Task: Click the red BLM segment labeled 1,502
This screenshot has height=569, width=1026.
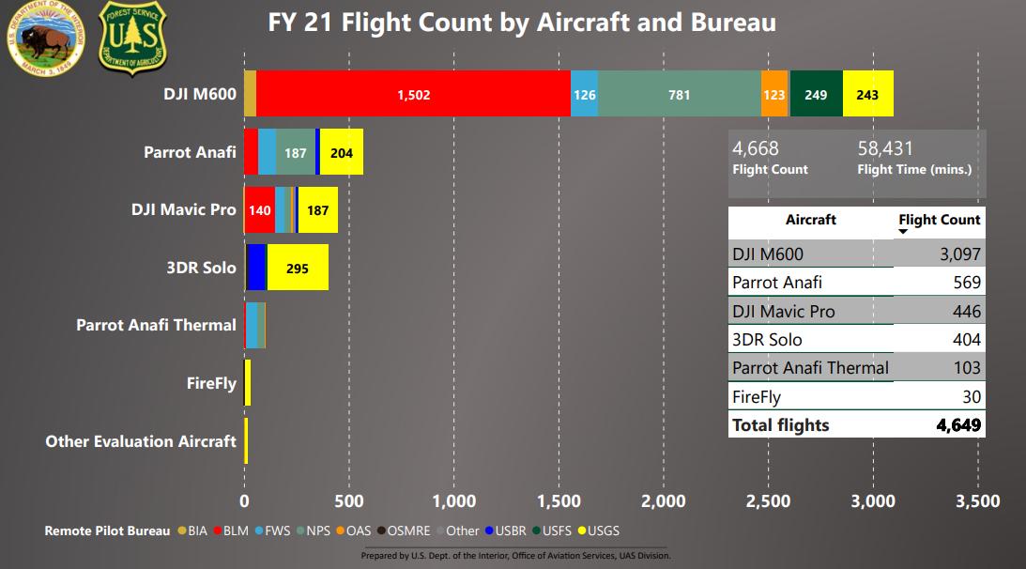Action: point(413,94)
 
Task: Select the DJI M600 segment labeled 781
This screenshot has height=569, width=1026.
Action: point(679,94)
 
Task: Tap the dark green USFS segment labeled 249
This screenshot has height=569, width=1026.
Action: point(816,94)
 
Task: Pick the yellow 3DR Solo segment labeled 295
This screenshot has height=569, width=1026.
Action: point(298,268)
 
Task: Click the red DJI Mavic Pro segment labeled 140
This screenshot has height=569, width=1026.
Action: point(259,209)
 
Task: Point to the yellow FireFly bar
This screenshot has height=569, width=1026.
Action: point(247,383)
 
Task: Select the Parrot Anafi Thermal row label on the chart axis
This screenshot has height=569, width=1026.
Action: point(156,325)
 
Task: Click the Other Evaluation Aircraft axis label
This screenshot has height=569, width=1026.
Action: point(141,441)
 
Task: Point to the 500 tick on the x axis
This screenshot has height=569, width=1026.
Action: point(349,500)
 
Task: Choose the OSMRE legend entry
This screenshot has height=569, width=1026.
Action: point(406,531)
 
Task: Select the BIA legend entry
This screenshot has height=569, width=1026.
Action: point(191,531)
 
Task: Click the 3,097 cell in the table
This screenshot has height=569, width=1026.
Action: point(957,254)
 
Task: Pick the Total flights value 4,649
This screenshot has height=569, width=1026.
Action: point(958,425)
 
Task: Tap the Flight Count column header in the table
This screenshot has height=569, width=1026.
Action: point(939,220)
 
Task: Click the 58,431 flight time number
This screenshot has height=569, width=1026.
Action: point(885,148)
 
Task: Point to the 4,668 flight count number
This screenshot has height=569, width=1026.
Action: point(756,148)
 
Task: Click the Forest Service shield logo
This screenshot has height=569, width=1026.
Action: point(132,37)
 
